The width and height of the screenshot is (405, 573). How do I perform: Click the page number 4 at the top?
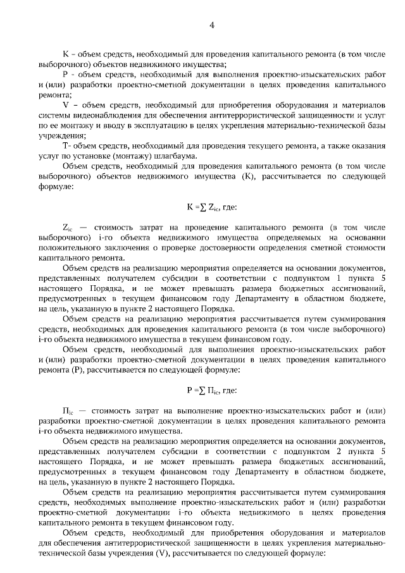212,25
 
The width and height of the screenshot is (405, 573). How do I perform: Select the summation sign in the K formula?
201,206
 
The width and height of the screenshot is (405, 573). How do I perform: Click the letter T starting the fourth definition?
66,146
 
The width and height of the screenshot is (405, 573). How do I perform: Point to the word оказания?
368,146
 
